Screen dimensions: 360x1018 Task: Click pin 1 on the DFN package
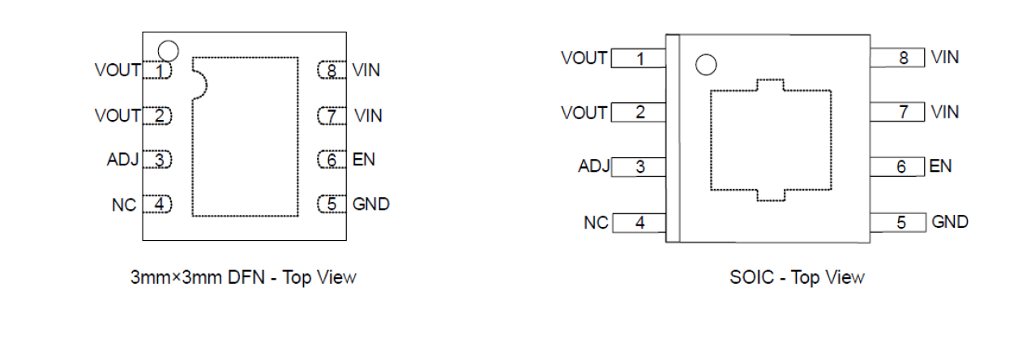coord(158,71)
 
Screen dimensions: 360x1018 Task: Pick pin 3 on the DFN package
coord(158,161)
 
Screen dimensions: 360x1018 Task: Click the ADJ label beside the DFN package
coord(123,160)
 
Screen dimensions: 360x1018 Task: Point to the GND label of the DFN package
coord(370,204)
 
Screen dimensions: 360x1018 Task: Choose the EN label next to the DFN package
coord(364,160)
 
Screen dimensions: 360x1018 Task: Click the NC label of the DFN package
coord(123,205)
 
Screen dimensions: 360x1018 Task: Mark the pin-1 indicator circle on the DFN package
coord(168,50)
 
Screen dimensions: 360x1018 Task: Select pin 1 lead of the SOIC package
coord(639,58)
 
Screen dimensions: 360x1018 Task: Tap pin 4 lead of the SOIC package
coord(639,223)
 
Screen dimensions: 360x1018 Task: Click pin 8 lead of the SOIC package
coord(898,58)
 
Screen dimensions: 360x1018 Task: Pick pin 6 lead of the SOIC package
coord(898,167)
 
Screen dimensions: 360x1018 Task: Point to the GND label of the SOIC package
coord(949,222)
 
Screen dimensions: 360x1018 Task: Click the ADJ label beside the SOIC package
coord(593,167)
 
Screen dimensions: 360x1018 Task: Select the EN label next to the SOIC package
coord(940,167)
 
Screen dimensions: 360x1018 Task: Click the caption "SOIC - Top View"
coord(797,278)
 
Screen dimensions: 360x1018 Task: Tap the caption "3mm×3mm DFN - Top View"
coord(243,277)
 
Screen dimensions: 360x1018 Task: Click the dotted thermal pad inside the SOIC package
coord(771,139)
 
